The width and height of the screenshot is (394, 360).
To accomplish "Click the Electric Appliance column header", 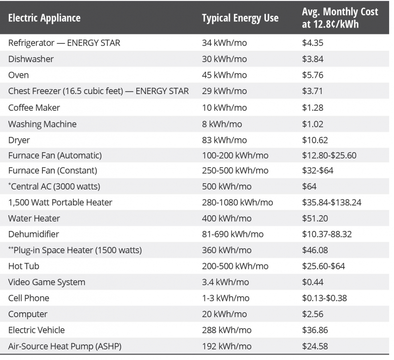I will pos(44,18).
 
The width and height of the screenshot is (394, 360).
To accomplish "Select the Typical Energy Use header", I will pos(240,18).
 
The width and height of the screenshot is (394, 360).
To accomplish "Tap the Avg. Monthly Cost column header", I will pos(340,18).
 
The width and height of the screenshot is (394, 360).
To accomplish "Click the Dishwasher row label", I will pos(31,59).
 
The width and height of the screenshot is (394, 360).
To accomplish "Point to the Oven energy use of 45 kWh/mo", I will pos(224,75).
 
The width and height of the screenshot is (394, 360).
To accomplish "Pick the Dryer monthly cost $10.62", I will pos(315,140).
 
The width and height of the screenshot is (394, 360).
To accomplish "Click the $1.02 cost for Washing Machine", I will pos(313,124).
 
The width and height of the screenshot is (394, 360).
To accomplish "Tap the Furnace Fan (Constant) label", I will pos(53,171).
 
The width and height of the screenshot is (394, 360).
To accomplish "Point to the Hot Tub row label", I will pos(24,266).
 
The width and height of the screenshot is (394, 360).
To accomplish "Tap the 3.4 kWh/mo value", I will pos(225,282).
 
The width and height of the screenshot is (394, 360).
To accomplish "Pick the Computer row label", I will pos(28,314).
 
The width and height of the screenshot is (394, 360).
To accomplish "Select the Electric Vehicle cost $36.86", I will pos(315,330).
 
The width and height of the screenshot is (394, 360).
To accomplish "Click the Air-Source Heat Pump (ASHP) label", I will pos(65,346).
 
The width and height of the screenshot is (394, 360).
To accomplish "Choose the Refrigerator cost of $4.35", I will pos(313,43).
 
